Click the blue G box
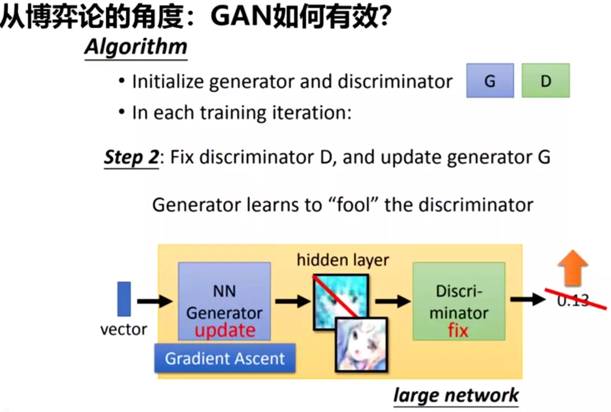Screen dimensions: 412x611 click(490, 81)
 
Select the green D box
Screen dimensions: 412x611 click(545, 81)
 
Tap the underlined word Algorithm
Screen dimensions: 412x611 click(135, 47)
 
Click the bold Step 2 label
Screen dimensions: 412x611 click(131, 158)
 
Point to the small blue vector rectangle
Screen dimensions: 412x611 click(124, 299)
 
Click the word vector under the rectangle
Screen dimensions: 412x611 click(123, 329)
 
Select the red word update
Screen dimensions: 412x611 click(224, 330)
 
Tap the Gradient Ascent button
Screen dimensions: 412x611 click(224, 359)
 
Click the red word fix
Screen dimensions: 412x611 click(458, 329)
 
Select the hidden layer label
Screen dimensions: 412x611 click(342, 260)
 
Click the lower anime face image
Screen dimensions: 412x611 click(361, 344)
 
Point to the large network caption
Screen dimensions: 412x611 click(456, 395)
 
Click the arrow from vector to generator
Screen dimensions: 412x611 click(155, 301)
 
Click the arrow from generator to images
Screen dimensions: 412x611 click(292, 301)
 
